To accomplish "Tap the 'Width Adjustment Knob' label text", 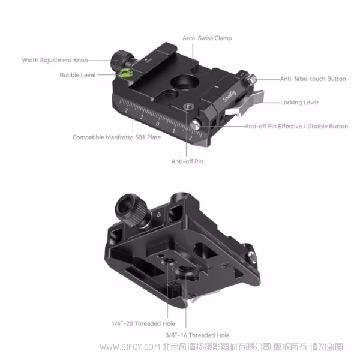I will (55, 60).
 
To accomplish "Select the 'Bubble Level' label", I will (78, 75).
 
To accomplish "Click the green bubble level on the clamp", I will (125, 74).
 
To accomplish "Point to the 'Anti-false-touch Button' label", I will (313, 79).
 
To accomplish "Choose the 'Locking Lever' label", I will (299, 103).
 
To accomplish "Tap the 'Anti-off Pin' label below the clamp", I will (187, 161).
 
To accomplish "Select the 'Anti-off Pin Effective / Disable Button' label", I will (296, 127).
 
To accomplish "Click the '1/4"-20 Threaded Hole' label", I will (139, 323).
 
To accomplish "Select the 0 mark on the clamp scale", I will (157, 124).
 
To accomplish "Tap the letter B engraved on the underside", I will (158, 215).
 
